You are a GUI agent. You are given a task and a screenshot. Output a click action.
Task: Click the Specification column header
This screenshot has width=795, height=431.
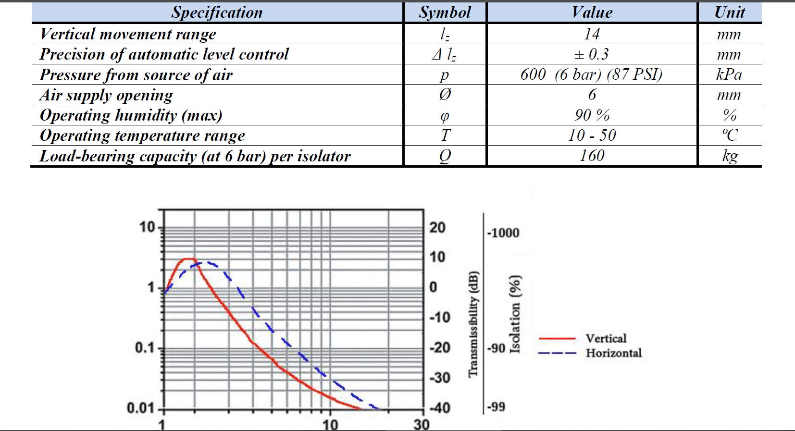click(x=217, y=12)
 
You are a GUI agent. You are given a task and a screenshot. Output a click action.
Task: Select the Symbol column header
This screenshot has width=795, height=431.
click(x=445, y=12)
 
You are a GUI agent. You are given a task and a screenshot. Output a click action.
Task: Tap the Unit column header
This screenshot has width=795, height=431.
click(x=729, y=12)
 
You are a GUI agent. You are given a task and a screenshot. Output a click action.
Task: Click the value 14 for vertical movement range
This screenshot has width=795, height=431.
click(x=592, y=34)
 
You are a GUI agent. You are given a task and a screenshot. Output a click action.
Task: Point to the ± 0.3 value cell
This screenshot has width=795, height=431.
click(x=592, y=54)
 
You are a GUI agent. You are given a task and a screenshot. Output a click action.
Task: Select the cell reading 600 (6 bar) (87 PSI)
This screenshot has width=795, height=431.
click(x=591, y=74)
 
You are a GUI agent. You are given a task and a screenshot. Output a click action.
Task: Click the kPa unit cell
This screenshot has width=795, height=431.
click(x=729, y=74)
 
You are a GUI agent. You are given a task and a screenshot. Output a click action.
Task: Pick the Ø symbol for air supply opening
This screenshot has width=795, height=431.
click(x=445, y=95)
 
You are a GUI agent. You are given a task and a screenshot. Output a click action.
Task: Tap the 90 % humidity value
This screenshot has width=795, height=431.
click(x=592, y=115)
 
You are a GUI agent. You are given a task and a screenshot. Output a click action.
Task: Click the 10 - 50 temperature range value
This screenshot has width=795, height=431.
click(x=592, y=135)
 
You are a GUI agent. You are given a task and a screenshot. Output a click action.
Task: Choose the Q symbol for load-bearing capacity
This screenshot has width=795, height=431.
click(x=445, y=156)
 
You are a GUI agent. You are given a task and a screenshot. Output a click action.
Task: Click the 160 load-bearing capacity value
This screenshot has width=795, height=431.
click(x=592, y=156)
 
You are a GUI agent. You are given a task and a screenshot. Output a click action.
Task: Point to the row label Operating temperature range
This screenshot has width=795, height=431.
click(x=142, y=135)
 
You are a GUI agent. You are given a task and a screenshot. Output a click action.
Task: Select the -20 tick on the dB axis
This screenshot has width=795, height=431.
click(x=440, y=347)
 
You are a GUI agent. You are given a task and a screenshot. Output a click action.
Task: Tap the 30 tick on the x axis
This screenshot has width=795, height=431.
click(x=421, y=425)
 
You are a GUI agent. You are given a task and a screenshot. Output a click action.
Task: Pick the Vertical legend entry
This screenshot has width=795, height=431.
click(x=606, y=338)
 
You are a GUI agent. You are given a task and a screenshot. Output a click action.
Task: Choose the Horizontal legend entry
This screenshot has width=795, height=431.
click(x=613, y=353)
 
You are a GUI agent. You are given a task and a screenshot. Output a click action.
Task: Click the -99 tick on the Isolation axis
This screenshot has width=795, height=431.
click(x=496, y=407)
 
